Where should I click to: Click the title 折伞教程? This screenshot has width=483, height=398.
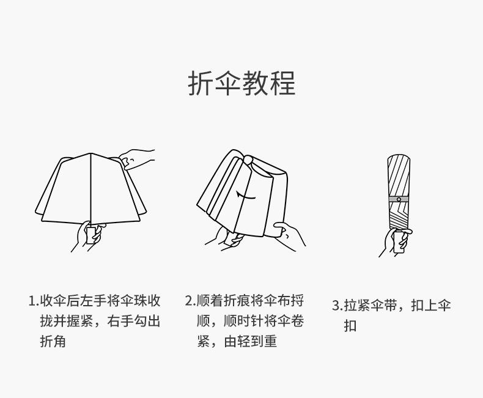point(242,84)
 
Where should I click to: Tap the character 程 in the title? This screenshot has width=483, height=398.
point(282,84)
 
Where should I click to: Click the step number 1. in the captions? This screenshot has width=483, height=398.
point(34,301)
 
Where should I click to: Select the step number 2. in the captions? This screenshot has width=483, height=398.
point(190,301)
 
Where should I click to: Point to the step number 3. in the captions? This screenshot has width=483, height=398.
point(337,306)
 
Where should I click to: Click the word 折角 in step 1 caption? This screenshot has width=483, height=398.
point(53,342)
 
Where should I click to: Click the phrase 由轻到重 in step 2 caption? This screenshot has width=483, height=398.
point(251,342)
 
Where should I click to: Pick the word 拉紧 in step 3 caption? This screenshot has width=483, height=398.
point(358,306)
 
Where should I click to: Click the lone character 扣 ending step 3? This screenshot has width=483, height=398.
point(350,326)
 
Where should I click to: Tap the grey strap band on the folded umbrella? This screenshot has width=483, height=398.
point(399,199)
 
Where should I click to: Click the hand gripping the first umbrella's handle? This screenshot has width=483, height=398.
point(89,235)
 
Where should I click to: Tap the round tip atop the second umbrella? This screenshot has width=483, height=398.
point(248,160)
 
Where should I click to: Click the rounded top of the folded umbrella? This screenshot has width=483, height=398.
point(399,158)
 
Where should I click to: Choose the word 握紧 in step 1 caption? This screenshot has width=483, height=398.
point(80,322)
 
